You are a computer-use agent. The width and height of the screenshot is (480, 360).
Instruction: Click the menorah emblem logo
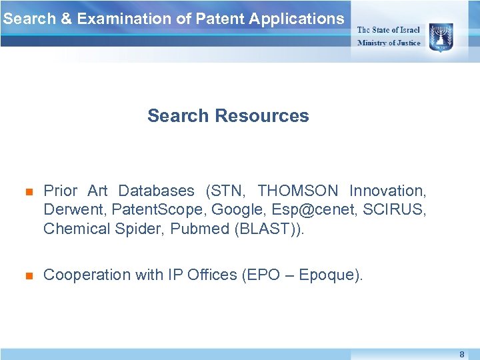(x=441, y=34)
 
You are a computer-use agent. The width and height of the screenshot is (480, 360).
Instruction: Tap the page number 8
(x=461, y=355)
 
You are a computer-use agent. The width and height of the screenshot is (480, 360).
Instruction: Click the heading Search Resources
(x=228, y=116)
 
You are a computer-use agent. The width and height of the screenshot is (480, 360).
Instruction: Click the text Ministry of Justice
(x=389, y=43)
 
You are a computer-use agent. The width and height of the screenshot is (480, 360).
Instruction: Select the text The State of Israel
(x=389, y=29)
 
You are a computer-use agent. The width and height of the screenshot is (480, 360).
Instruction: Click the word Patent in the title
(x=219, y=19)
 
